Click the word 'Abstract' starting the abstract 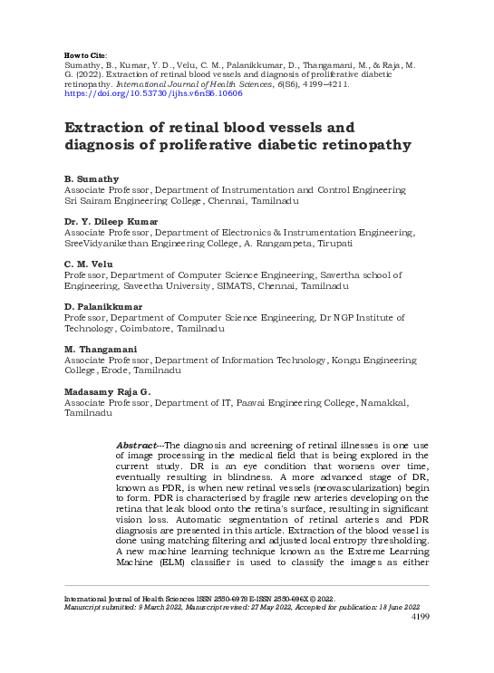point(138,447)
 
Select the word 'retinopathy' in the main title point(362,145)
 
